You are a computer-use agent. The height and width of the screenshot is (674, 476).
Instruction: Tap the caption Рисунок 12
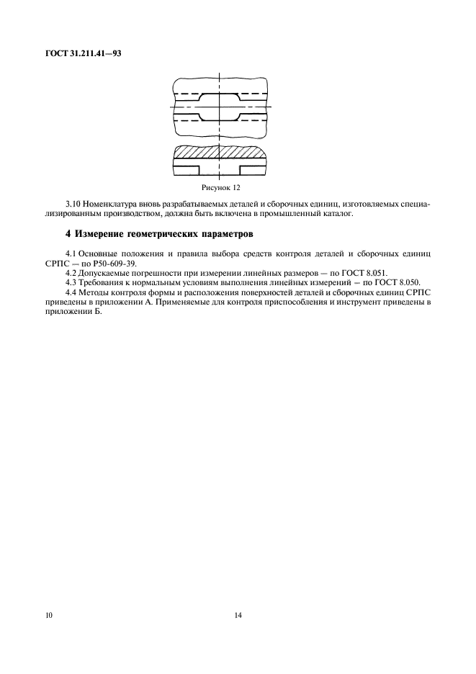coord(220,187)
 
